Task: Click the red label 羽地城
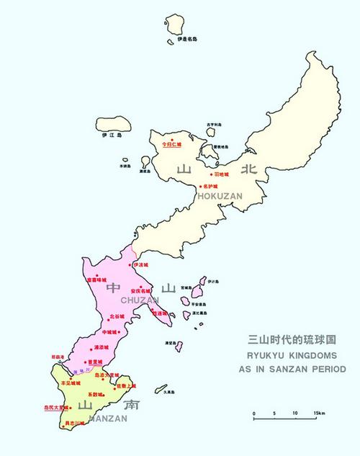(220, 174)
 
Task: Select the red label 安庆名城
(141, 290)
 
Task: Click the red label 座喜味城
(96, 280)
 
